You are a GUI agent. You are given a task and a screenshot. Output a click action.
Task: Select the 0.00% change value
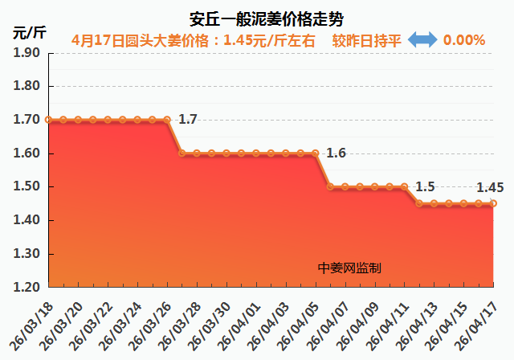click(x=464, y=39)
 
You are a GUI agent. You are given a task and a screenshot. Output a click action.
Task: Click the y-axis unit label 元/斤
click(x=30, y=34)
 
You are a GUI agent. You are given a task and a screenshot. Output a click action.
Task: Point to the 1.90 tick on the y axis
click(x=27, y=52)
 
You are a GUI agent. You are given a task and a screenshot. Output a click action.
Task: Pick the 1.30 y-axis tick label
click(x=27, y=254)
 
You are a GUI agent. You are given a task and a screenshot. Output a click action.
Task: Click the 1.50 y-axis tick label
click(x=27, y=186)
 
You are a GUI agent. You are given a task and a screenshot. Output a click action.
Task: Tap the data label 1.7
click(x=187, y=120)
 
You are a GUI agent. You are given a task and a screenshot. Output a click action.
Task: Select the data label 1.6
click(x=336, y=153)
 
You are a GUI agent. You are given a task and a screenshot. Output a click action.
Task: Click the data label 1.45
click(x=490, y=187)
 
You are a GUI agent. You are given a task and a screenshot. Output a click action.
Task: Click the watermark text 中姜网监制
click(x=349, y=268)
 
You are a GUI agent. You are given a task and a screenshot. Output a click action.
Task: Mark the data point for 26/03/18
click(x=49, y=120)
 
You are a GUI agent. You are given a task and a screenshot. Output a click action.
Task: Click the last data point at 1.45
click(x=493, y=203)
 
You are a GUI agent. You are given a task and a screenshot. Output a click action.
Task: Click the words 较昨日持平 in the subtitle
click(x=366, y=39)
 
